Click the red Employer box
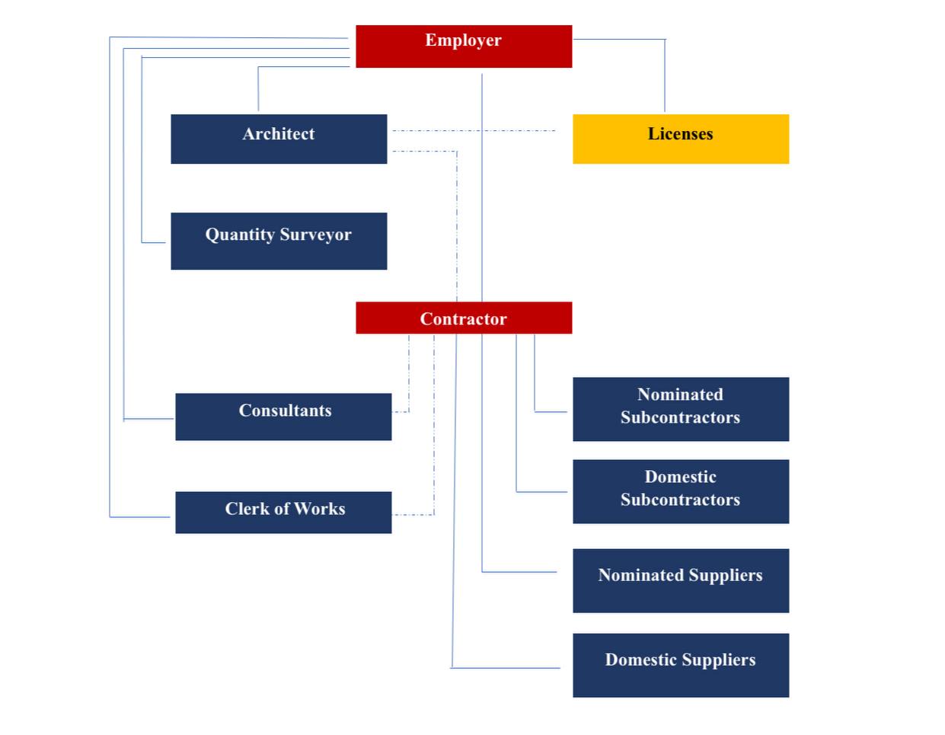tap(463, 46)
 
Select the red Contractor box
tap(463, 318)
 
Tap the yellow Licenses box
tap(680, 139)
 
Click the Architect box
tap(279, 139)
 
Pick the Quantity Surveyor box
tap(279, 241)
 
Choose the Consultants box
tap(283, 416)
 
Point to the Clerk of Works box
tap(283, 512)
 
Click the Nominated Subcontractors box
tap(680, 409)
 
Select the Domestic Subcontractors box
tap(680, 491)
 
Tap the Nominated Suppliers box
tap(680, 580)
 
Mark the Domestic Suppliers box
tap(680, 665)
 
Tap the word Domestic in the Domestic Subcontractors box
tap(680, 477)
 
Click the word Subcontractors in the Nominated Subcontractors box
tap(680, 417)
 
